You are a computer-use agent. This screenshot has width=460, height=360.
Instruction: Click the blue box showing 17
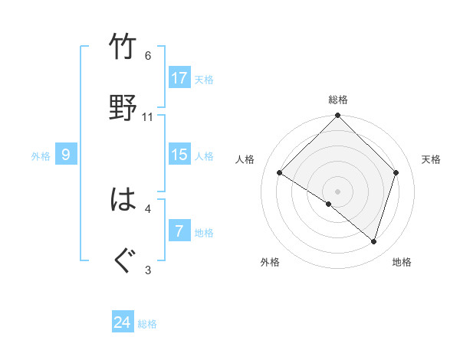179,77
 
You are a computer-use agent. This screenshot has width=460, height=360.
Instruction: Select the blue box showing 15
179,155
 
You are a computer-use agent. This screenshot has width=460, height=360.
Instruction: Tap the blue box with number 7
179,231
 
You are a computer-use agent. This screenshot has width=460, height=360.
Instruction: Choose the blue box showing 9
66,155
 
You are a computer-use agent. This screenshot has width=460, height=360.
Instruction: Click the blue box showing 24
123,322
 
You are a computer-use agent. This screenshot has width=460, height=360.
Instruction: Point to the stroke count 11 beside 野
148,117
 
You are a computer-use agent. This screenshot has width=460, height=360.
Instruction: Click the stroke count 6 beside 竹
148,56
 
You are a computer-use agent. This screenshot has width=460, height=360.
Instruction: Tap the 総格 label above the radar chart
338,100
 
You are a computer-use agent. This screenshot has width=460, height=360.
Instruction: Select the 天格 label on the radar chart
432,159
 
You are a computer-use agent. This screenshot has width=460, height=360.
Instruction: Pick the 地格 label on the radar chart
402,262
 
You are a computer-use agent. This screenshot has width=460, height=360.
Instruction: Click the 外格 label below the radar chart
270,262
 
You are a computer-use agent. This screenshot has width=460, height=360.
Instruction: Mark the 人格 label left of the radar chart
245,159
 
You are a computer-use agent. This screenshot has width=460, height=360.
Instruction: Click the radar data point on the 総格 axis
338,116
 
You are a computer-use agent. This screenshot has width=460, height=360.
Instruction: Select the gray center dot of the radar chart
338,191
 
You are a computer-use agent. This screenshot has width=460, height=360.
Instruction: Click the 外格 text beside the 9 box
41,155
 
